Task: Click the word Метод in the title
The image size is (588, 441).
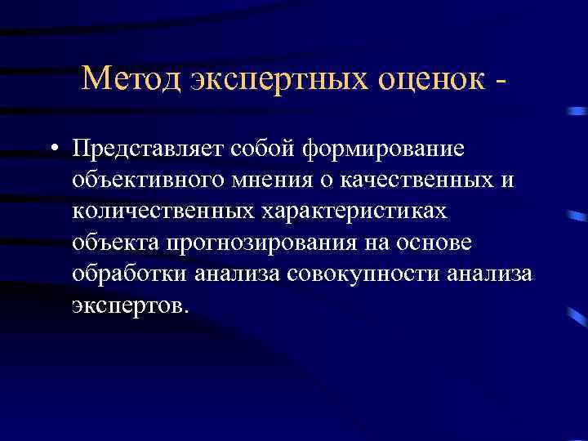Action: click(x=131, y=78)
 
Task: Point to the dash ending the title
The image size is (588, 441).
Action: click(x=500, y=80)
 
